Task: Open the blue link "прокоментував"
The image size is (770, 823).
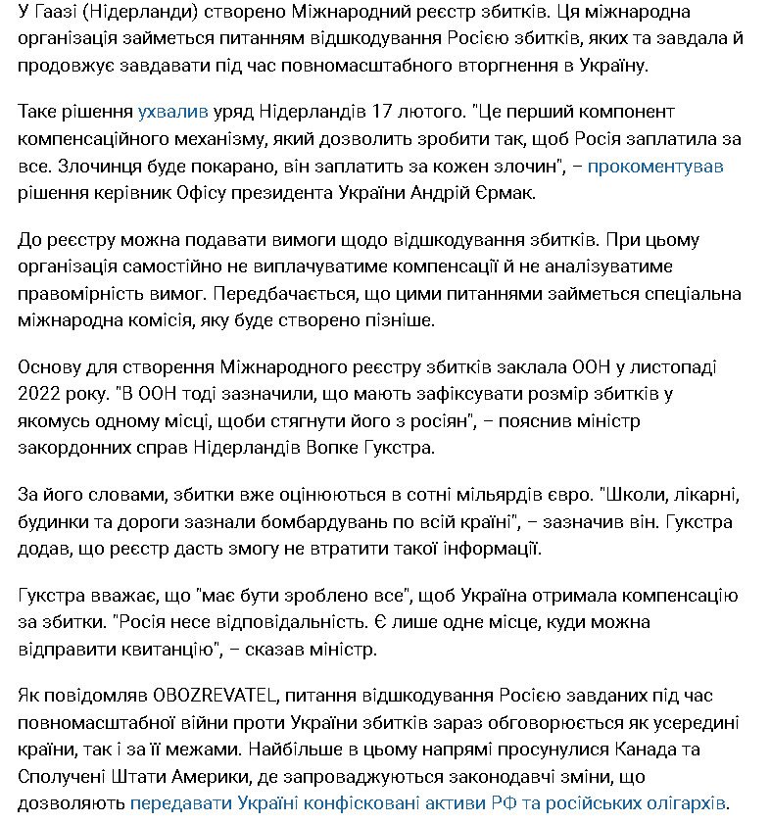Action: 655,167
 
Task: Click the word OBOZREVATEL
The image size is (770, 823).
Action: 211,695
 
